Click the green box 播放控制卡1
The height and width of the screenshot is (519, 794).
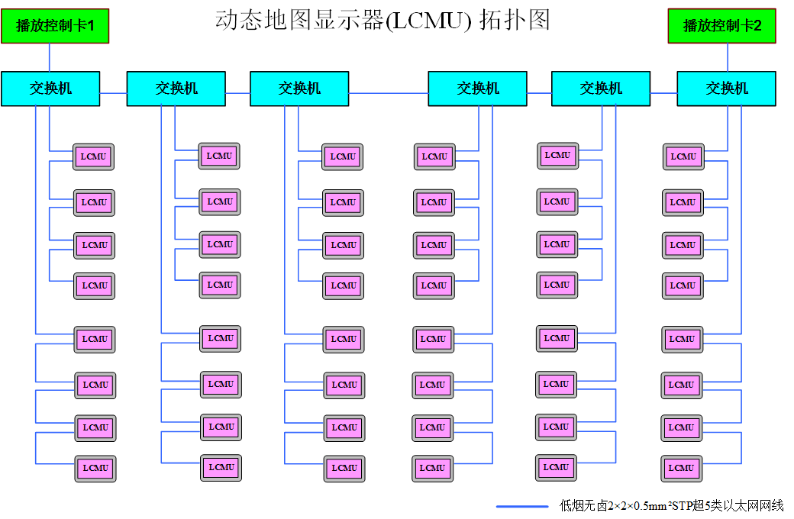point(55,26)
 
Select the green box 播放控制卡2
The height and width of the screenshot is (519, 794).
point(722,26)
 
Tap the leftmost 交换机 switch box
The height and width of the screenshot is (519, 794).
point(50,89)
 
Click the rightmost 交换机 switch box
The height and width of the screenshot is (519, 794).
point(726,89)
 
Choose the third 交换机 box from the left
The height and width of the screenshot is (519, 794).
point(299,89)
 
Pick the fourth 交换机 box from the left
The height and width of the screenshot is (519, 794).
point(477,89)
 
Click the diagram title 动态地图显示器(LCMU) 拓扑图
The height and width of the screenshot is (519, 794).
point(382,21)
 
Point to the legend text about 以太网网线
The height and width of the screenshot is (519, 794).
point(671,506)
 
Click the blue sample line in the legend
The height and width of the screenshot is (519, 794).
point(522,506)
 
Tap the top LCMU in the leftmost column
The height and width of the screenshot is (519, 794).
point(94,156)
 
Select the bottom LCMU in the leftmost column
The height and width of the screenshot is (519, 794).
point(95,468)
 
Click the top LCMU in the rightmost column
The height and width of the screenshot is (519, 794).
point(683,156)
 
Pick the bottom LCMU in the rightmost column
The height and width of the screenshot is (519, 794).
point(682,468)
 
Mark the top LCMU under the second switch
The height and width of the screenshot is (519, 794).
point(220,156)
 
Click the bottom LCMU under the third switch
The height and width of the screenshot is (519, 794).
point(344,468)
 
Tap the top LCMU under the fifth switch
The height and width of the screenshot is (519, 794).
point(557,155)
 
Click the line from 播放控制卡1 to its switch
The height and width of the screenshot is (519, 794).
point(50,57)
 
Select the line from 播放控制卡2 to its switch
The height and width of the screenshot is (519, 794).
point(727,57)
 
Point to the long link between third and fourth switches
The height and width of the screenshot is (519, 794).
point(388,92)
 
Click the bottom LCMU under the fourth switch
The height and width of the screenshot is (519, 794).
point(433,468)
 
